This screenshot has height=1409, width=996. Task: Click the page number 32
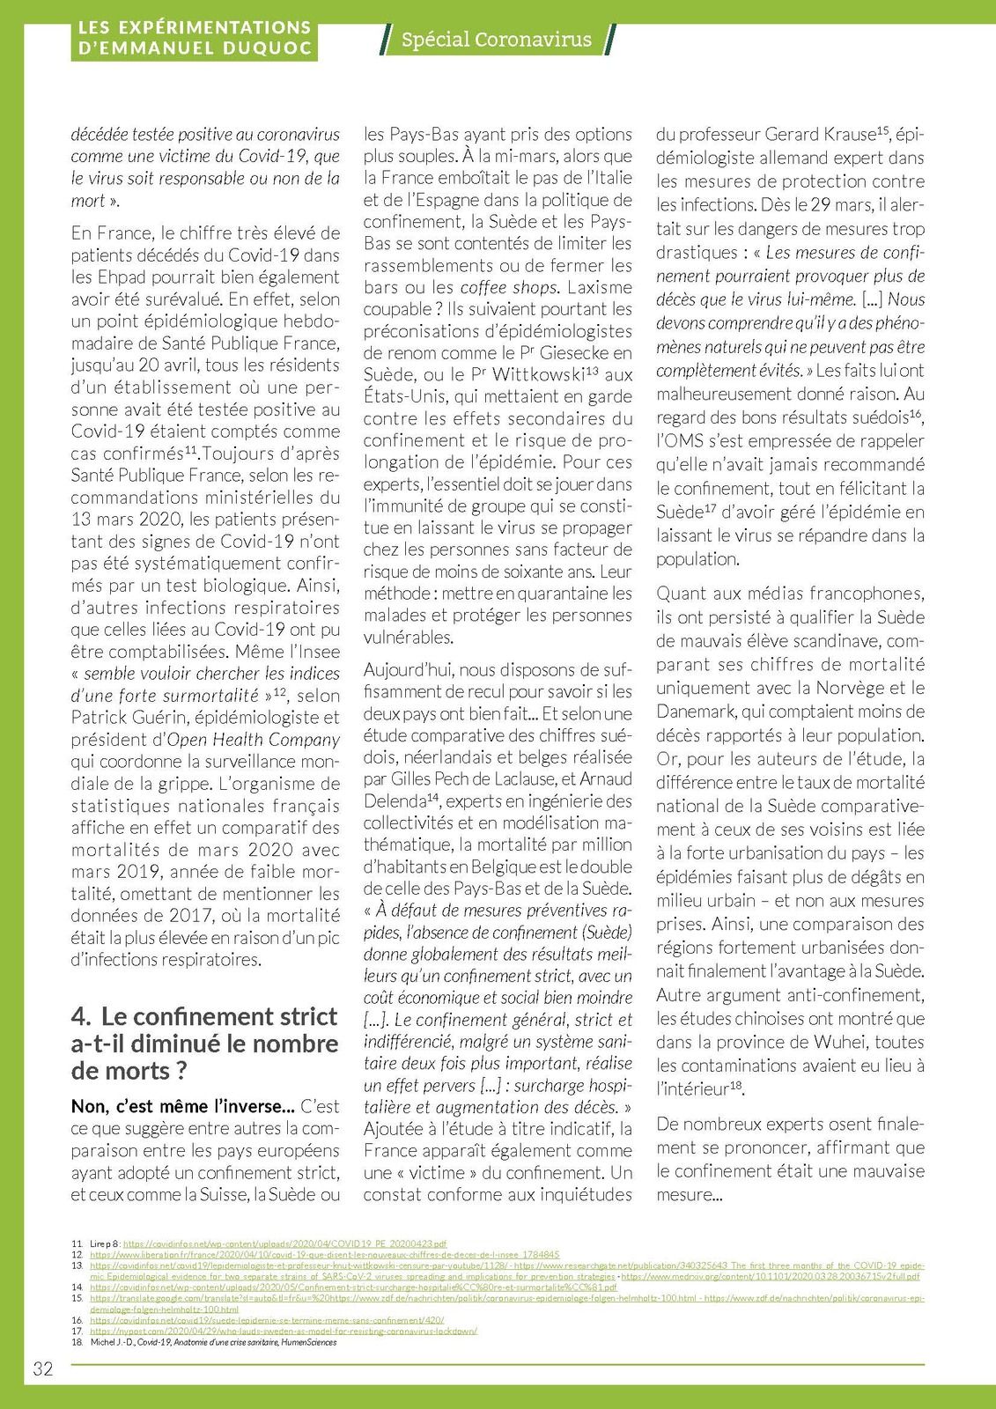(43, 1368)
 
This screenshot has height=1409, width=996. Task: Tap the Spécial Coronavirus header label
(496, 40)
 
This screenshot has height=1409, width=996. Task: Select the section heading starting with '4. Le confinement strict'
(204, 1044)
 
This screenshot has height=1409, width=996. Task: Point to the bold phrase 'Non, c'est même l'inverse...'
(182, 1106)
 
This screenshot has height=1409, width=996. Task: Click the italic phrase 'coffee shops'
(509, 288)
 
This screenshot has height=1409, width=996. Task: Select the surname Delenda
(395, 801)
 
